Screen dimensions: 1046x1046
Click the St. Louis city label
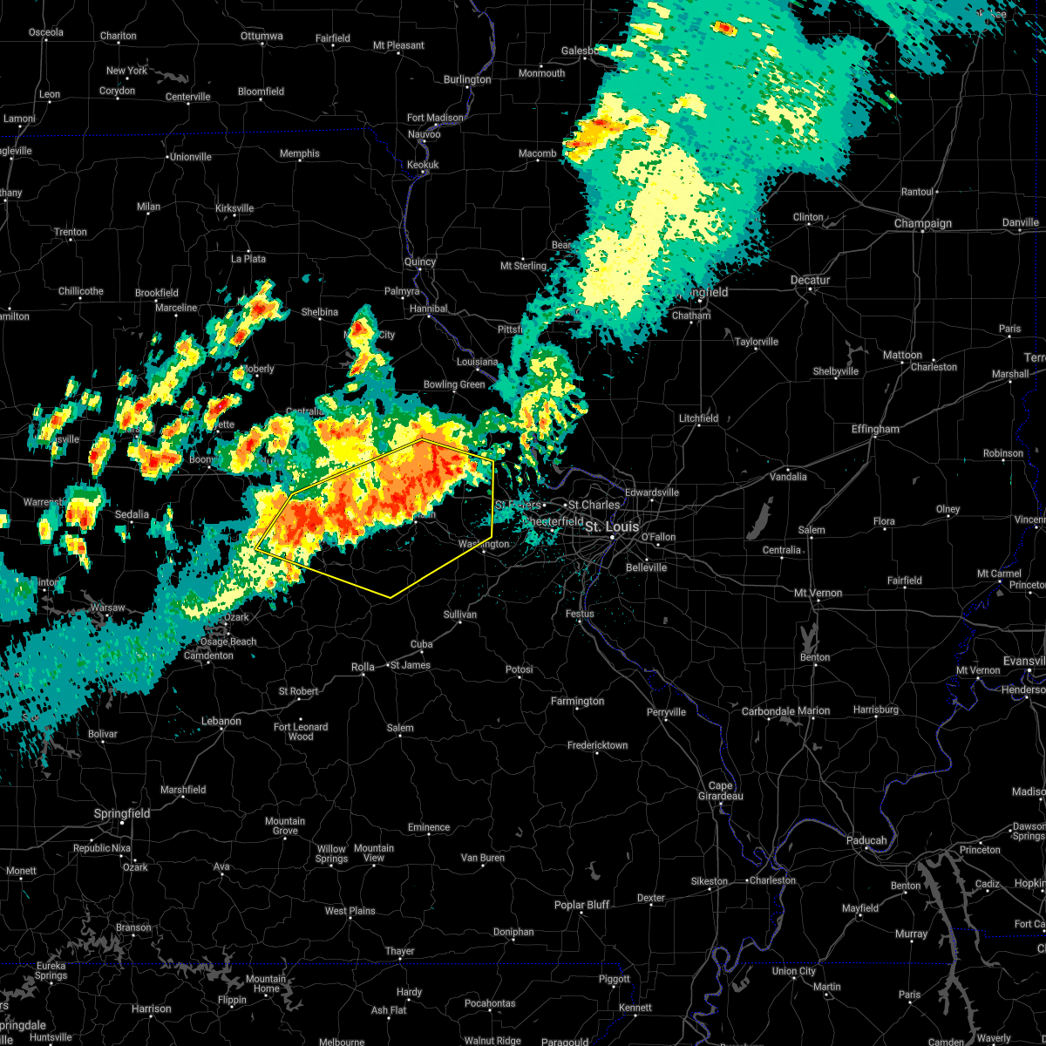pyautogui.click(x=611, y=526)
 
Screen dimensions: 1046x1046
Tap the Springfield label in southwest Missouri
pyautogui.click(x=122, y=813)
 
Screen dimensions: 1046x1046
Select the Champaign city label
pyautogui.click(x=923, y=223)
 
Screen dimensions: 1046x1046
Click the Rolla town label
pyautogui.click(x=363, y=667)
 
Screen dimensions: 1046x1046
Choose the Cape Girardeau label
pyautogui.click(x=720, y=791)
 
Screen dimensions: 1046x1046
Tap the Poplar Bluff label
pyautogui.click(x=581, y=905)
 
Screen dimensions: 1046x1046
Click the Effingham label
pyautogui.click(x=874, y=429)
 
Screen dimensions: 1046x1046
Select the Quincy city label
pyautogui.click(x=419, y=261)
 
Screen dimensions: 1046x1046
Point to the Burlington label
pyautogui.click(x=467, y=79)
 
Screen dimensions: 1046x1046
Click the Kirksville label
pyautogui.click(x=234, y=208)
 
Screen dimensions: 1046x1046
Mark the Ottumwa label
pyautogui.click(x=261, y=36)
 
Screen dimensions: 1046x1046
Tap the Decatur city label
pyautogui.click(x=810, y=280)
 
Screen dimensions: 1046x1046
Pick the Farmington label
pyautogui.click(x=577, y=701)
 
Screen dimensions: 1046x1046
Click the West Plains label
pyautogui.click(x=350, y=911)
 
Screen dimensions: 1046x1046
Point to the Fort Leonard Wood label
pyautogui.click(x=301, y=731)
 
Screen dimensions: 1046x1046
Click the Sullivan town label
pyautogui.click(x=460, y=615)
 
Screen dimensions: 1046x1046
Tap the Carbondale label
pyautogui.click(x=768, y=711)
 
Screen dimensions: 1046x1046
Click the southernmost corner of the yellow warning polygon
pyautogui.click(x=391, y=598)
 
